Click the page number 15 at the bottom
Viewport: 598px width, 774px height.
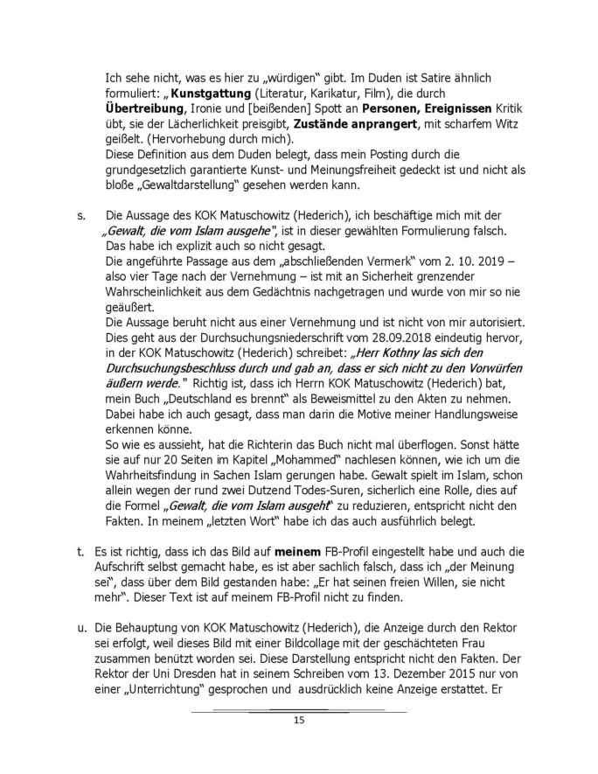click(298, 720)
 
